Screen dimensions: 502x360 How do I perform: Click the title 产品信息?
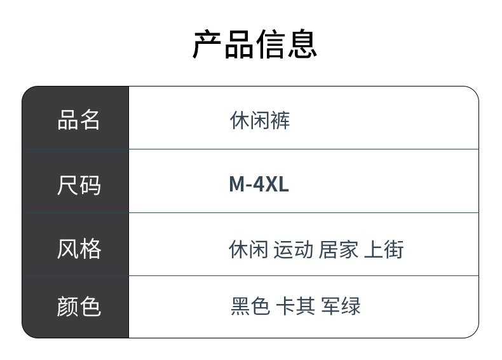click(255, 44)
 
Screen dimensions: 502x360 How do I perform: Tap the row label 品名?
click(78, 120)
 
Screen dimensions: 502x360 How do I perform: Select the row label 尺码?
click(79, 185)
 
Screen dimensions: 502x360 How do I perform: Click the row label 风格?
click(79, 249)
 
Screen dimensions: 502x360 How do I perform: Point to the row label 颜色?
click(79, 307)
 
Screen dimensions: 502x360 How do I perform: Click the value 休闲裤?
click(260, 120)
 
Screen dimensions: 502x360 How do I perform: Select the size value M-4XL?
click(259, 184)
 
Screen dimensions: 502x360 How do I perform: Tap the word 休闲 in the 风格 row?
click(248, 249)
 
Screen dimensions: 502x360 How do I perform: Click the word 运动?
click(293, 249)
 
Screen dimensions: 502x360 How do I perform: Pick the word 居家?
click(338, 249)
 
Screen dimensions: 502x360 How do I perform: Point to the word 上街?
click(384, 249)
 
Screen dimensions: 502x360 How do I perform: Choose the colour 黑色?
click(250, 306)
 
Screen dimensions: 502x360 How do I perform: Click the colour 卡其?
click(295, 306)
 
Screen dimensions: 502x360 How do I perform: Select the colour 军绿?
click(341, 306)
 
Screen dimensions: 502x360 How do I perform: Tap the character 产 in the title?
click(207, 44)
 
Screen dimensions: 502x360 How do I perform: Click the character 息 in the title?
click(302, 44)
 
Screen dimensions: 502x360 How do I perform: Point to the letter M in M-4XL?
click(237, 184)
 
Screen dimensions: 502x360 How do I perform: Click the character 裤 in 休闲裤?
click(280, 120)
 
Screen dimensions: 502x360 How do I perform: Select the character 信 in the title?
click(271, 44)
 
